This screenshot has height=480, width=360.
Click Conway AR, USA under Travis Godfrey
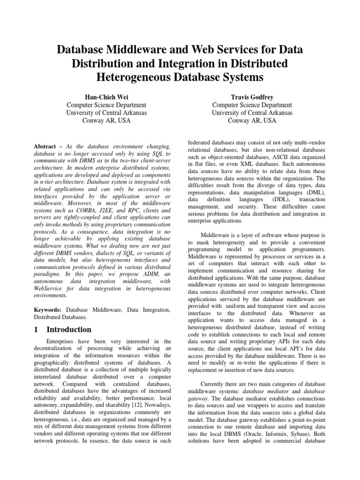[x=252, y=120]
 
